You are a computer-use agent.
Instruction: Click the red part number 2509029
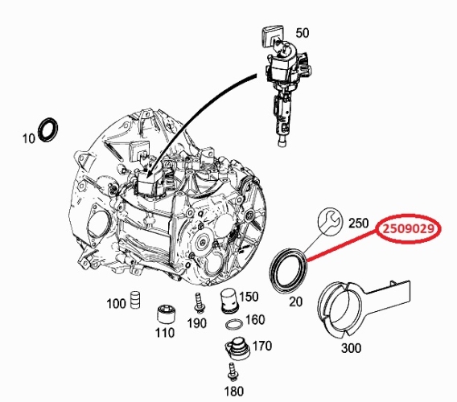[x=408, y=229]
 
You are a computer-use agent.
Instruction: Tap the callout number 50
[x=303, y=33]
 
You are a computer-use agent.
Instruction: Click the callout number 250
[x=359, y=224]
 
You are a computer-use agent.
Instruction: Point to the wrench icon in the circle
[x=329, y=221]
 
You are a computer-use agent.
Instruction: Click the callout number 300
[x=351, y=348]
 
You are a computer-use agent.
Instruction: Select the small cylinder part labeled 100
[x=135, y=299]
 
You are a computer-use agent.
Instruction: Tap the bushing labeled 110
[x=166, y=314]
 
